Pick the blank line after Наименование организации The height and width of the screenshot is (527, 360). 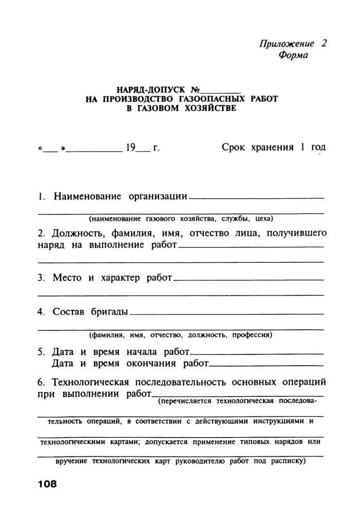click(x=257, y=198)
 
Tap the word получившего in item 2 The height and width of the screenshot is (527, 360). click(x=297, y=233)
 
